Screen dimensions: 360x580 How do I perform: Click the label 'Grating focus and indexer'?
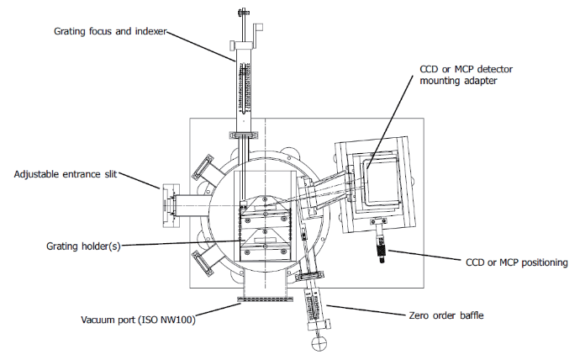click(x=110, y=31)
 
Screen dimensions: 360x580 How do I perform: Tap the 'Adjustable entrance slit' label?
click(x=66, y=175)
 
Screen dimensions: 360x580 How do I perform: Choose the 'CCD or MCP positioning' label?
click(x=516, y=262)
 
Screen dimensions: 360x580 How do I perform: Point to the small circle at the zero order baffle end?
click(x=319, y=342)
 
